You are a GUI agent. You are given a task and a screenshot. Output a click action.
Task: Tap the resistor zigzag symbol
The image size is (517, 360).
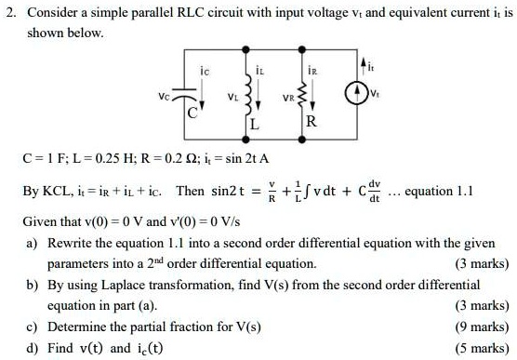(x=315, y=92)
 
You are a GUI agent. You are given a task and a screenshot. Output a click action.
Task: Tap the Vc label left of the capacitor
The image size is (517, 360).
(x=164, y=93)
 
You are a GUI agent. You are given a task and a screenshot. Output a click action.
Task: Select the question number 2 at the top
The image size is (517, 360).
(x=7, y=11)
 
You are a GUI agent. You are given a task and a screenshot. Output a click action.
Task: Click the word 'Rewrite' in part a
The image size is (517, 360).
(x=71, y=242)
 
